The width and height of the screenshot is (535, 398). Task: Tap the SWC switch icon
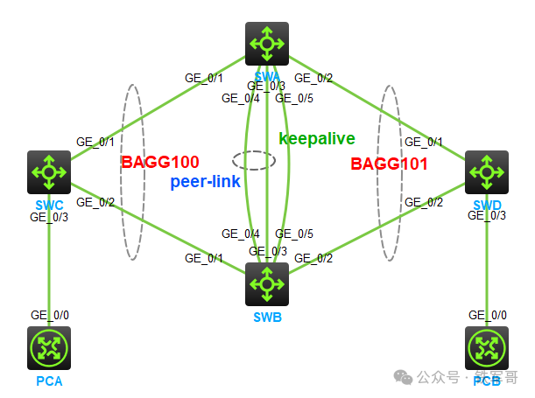tap(48, 172)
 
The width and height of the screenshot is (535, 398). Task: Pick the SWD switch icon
tap(486, 172)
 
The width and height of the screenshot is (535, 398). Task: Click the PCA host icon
tap(49, 348)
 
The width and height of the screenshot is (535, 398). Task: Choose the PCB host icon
tap(486, 348)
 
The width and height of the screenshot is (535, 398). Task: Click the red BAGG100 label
tap(160, 163)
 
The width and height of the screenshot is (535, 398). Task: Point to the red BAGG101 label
tap(390, 164)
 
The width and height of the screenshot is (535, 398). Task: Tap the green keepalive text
tap(317, 138)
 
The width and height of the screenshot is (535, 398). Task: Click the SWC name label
tap(49, 205)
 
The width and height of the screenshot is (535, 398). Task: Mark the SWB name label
tap(267, 317)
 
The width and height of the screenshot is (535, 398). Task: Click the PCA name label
tap(49, 381)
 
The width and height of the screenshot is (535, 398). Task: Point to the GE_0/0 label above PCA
tap(49, 315)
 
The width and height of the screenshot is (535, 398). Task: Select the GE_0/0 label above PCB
tap(487, 315)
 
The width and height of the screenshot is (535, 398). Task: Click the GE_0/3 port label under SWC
tap(49, 216)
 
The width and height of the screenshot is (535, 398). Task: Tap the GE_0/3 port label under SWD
tap(487, 216)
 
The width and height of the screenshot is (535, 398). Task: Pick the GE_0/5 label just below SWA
tap(294, 98)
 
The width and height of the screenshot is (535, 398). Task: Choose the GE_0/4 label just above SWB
tap(241, 234)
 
